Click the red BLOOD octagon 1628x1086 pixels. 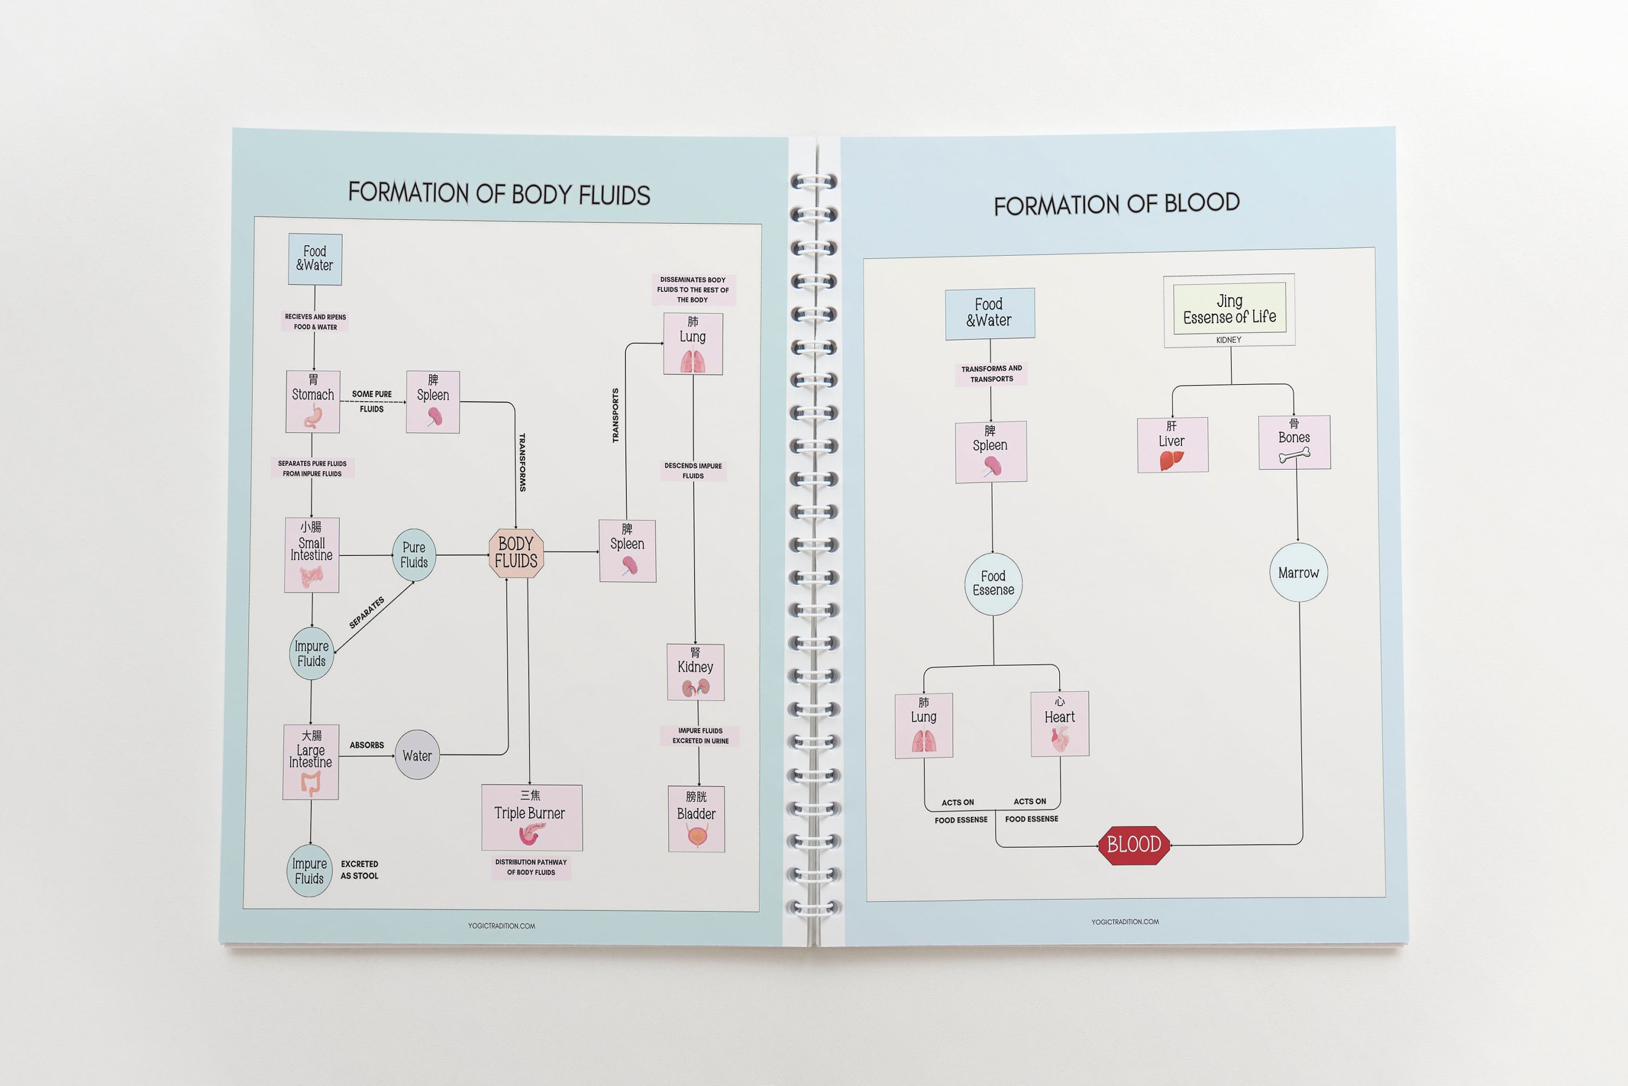(1134, 845)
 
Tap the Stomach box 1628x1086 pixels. (313, 402)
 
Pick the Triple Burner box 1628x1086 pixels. (532, 817)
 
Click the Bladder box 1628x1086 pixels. (696, 819)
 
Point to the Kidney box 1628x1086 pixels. (696, 672)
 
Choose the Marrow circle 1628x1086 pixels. (1299, 573)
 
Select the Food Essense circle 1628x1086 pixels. (993, 584)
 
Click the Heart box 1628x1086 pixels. (1060, 724)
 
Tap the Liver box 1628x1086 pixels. (1173, 445)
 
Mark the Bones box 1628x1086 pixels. (1294, 443)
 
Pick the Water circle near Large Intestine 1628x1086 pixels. (417, 755)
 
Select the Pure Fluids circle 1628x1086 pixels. (414, 555)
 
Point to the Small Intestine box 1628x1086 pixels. (311, 555)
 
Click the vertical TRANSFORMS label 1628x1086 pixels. (523, 463)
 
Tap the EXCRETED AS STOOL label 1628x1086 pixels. (359, 870)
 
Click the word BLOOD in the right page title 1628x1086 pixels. (1201, 203)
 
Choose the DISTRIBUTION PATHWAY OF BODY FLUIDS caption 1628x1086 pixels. (531, 867)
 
